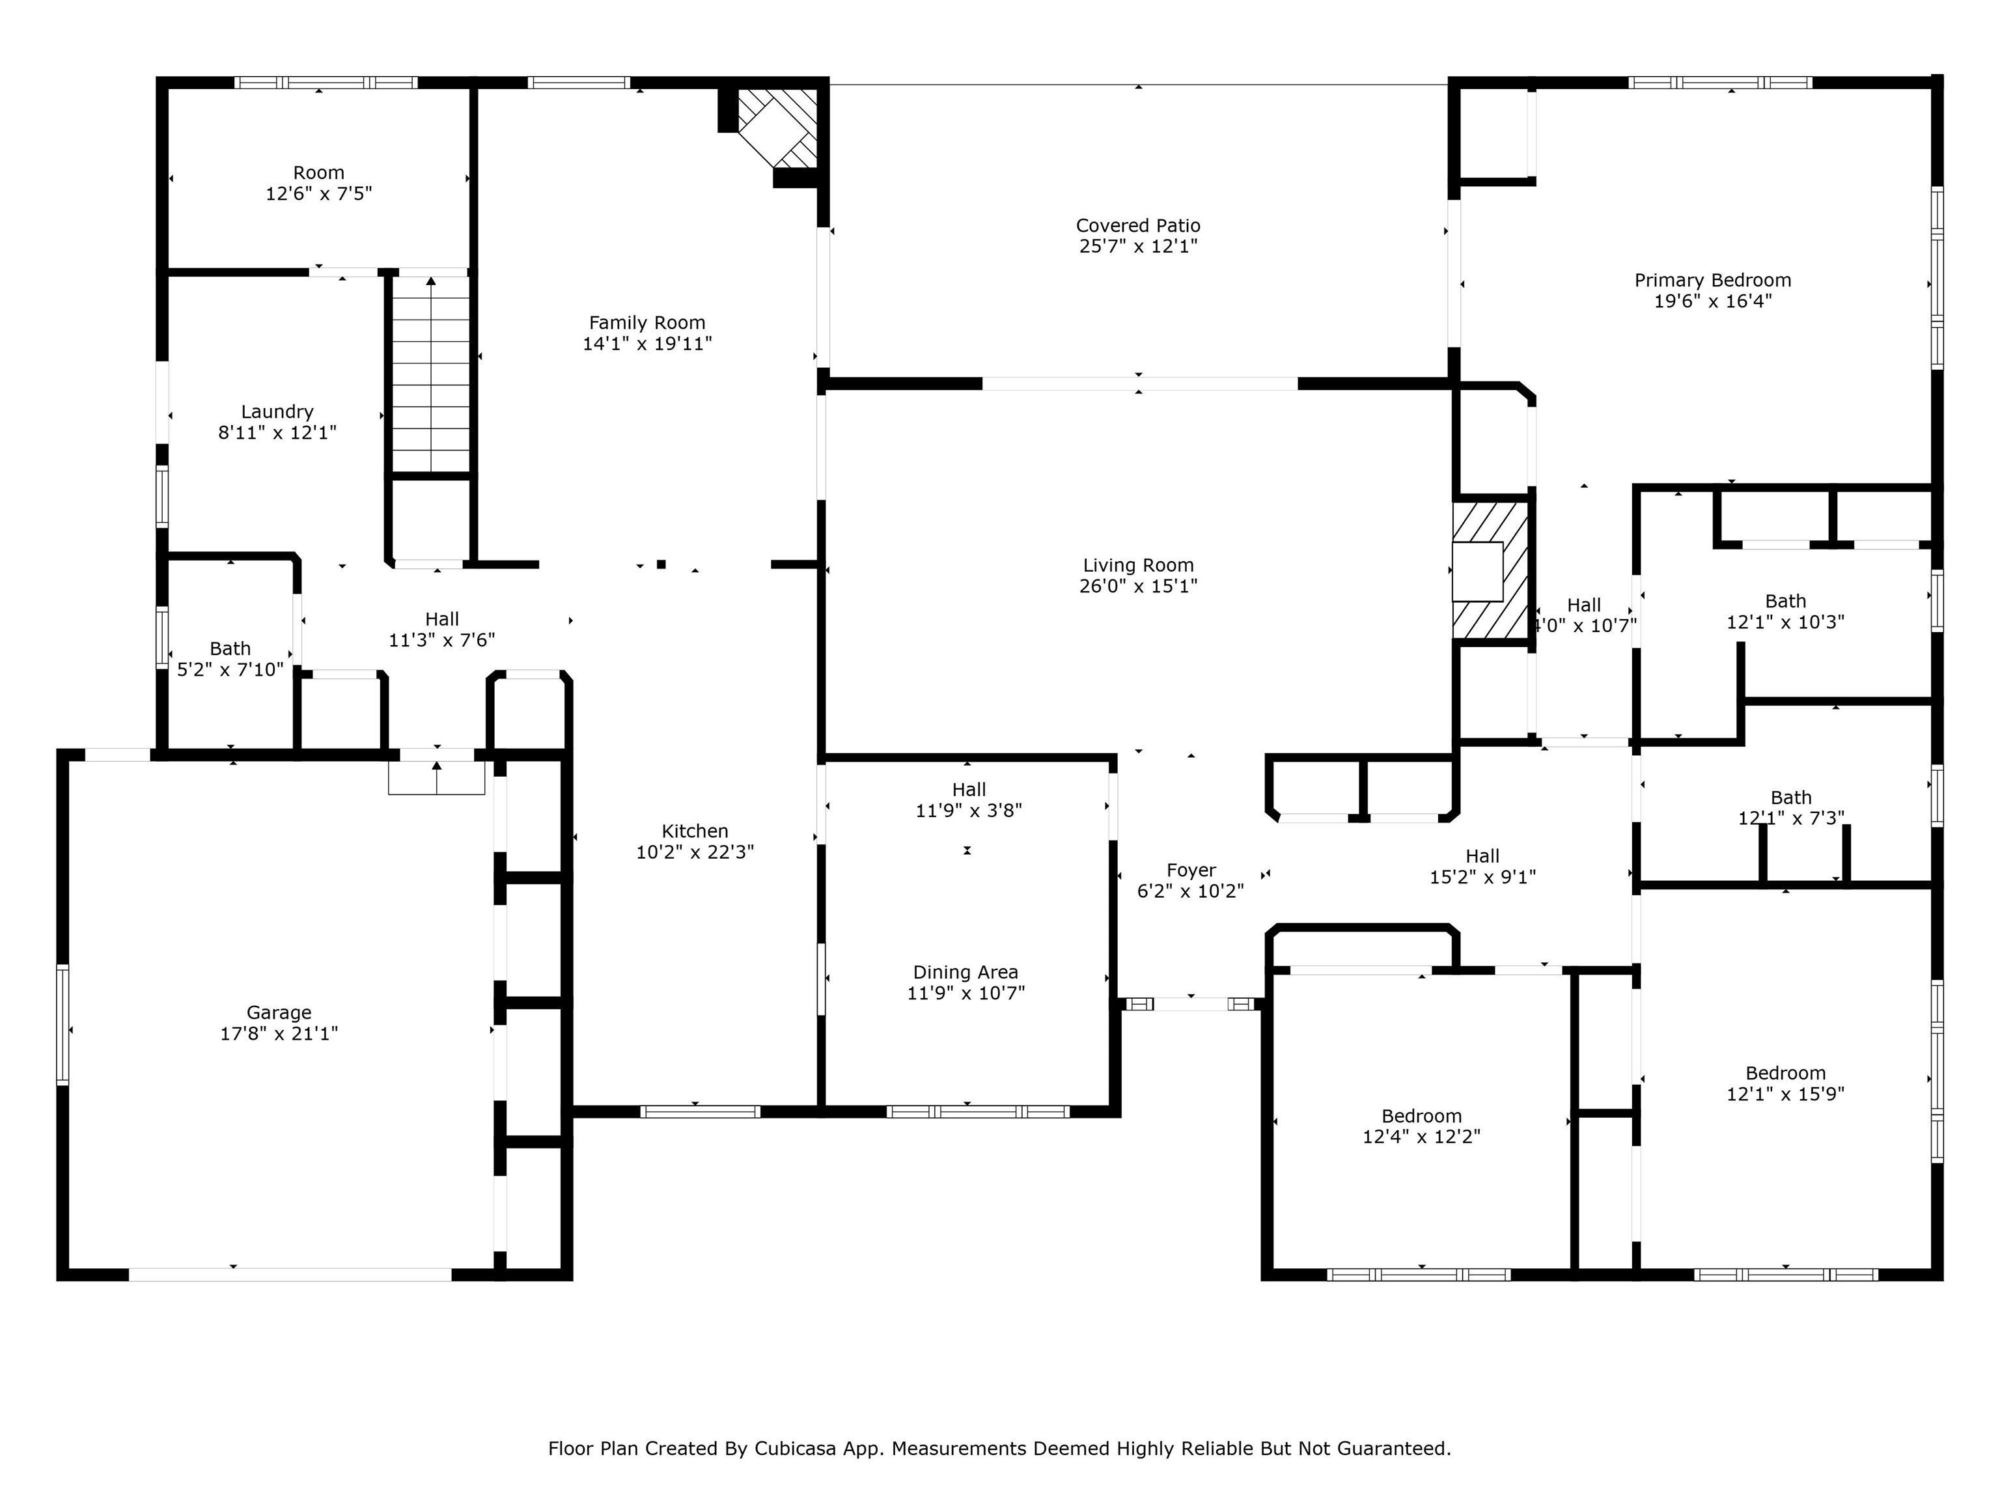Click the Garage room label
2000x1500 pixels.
279,1012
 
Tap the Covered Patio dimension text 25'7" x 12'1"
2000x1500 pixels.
1138,246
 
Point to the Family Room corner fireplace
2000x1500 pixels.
777,128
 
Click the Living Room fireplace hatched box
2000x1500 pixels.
1490,570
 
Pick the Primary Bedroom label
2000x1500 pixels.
1712,281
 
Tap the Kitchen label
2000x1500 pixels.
695,831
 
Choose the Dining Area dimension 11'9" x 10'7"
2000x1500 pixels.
965,993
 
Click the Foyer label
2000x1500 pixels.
1191,870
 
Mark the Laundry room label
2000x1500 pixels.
277,412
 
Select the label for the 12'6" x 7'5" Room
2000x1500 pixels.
318,173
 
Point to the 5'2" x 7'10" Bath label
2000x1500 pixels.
230,648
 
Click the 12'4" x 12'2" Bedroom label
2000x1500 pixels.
1421,1116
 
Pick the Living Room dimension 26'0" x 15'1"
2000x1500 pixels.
1138,586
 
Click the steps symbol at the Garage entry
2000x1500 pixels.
437,777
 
